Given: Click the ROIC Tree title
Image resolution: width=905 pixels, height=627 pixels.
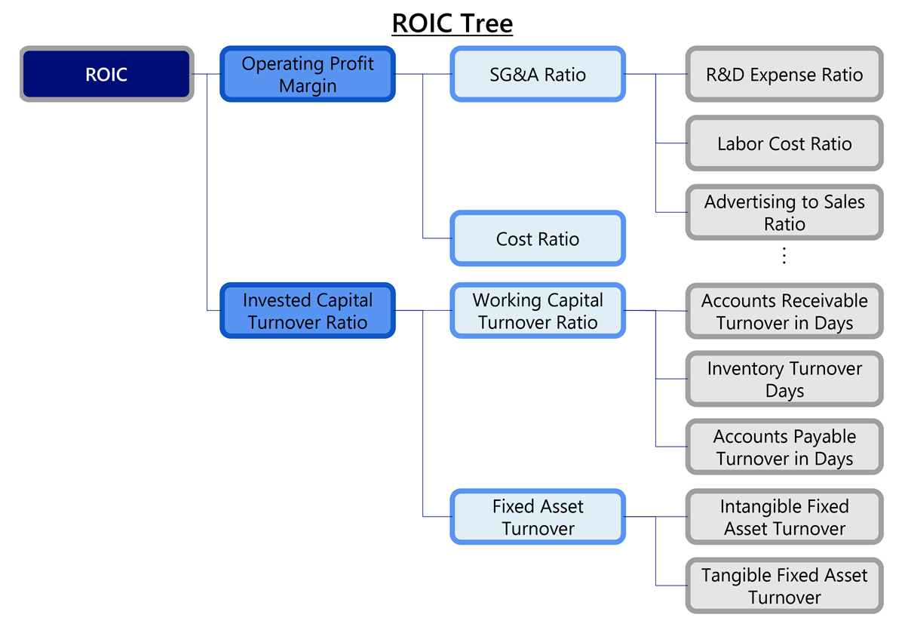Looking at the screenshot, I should pos(452,23).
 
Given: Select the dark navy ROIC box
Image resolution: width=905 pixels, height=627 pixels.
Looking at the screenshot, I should pos(106,75).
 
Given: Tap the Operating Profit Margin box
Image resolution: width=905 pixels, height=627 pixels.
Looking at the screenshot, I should pos(308,75).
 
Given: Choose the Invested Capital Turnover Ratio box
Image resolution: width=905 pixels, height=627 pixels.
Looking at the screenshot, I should pos(308,311).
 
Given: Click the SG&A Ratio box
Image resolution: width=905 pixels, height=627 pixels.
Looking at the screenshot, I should pos(538,75).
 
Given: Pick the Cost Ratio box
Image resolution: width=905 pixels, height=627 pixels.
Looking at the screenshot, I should pos(538,239).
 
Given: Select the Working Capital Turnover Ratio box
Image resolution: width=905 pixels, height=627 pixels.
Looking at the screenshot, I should pos(538,311).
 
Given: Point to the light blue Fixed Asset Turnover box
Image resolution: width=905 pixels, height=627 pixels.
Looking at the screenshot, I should pos(538,518).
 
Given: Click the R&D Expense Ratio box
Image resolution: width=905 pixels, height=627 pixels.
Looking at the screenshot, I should pos(784,75).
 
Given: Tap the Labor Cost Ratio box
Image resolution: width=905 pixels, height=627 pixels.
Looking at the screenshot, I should pos(784,143).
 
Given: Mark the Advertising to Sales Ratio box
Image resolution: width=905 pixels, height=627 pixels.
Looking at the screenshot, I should pos(784,213).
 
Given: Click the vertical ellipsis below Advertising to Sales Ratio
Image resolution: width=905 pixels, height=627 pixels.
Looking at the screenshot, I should pos(784,256).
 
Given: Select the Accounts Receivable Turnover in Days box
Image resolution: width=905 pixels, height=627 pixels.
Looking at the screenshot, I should pos(784,312).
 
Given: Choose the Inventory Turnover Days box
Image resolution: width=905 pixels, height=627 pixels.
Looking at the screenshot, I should pos(784,380).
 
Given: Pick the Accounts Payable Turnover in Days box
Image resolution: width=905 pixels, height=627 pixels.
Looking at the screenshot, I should pos(784,447).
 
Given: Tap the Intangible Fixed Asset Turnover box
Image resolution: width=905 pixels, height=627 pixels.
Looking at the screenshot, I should pos(784,518).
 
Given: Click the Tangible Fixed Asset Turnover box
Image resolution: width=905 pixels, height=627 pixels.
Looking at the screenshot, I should pos(784,586).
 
